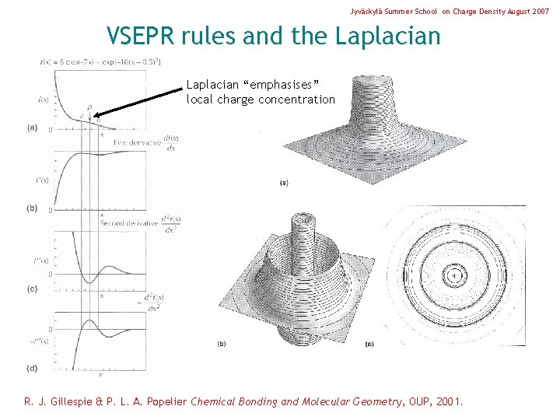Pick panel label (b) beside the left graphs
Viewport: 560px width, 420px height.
pos(32,208)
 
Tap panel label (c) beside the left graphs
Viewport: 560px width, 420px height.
pos(32,289)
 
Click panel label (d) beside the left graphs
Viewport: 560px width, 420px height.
pos(32,368)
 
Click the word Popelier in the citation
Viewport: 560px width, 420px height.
pos(156,402)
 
